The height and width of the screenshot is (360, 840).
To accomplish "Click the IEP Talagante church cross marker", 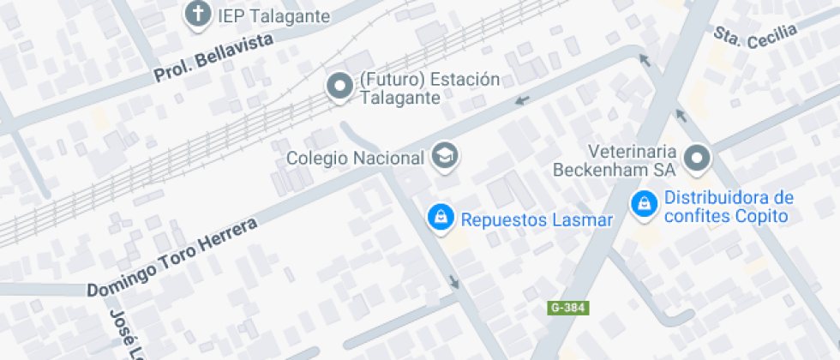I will coord(199,15).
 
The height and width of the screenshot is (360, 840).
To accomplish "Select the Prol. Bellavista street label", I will coord(213,59).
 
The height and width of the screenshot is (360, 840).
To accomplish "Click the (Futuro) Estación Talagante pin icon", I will coord(340,86).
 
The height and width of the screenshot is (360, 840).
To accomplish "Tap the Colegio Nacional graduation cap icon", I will coord(445,155).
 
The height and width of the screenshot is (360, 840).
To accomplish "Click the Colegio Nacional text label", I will coord(355,158).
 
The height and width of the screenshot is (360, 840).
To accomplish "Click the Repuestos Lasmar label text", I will coord(537,219).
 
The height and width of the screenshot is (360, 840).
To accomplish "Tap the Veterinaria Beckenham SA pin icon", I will coord(699,158).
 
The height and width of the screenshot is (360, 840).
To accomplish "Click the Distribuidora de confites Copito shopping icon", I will coord(641,204).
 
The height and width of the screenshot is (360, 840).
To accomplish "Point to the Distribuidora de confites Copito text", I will coord(728,207).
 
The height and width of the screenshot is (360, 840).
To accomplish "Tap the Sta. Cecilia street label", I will coord(755,36).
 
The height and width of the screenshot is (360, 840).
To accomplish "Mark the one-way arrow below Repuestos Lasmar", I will coord(453,282).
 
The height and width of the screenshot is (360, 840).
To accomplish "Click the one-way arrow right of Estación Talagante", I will coord(521,102).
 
